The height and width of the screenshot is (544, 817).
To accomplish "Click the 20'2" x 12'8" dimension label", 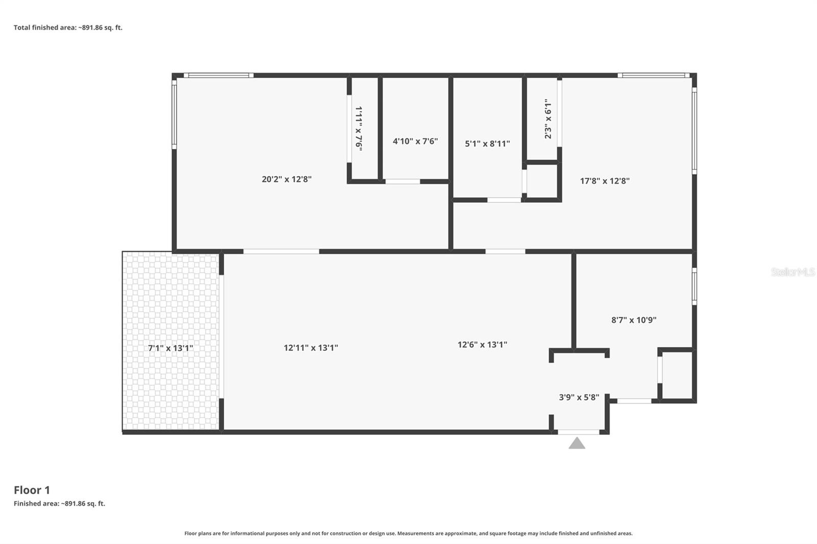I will click(286, 179).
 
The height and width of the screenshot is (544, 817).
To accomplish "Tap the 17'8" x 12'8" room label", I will click(605, 181).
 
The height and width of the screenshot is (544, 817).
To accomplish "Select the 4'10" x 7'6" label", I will click(415, 141).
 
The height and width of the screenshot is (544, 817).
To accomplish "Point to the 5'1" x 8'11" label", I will click(487, 144).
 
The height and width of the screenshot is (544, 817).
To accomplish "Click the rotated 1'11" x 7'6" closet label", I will click(359, 129).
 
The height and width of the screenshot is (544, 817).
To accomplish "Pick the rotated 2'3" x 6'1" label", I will click(548, 119).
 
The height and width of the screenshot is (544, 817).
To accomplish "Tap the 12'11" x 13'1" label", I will click(310, 348).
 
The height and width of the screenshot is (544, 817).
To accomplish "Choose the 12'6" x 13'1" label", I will click(482, 344).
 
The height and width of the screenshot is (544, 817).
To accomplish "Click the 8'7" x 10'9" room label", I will click(634, 320).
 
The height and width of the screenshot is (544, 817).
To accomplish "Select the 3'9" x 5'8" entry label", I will click(579, 398).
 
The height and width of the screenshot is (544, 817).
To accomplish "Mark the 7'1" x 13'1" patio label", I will click(171, 348).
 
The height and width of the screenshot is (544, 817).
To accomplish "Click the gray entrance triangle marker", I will click(577, 443).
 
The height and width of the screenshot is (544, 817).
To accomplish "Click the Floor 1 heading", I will click(32, 490).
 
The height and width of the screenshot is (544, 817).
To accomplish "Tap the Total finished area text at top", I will click(68, 28).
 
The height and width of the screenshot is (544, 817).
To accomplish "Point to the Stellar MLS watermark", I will click(792, 272).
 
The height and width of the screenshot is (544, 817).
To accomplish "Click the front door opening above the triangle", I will click(578, 432).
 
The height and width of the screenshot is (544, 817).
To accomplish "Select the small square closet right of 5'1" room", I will click(542, 181).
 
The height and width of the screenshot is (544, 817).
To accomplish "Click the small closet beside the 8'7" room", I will click(677, 375).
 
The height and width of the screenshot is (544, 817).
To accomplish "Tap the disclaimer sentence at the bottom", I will click(408, 533).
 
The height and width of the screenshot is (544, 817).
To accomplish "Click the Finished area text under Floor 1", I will click(59, 504).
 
